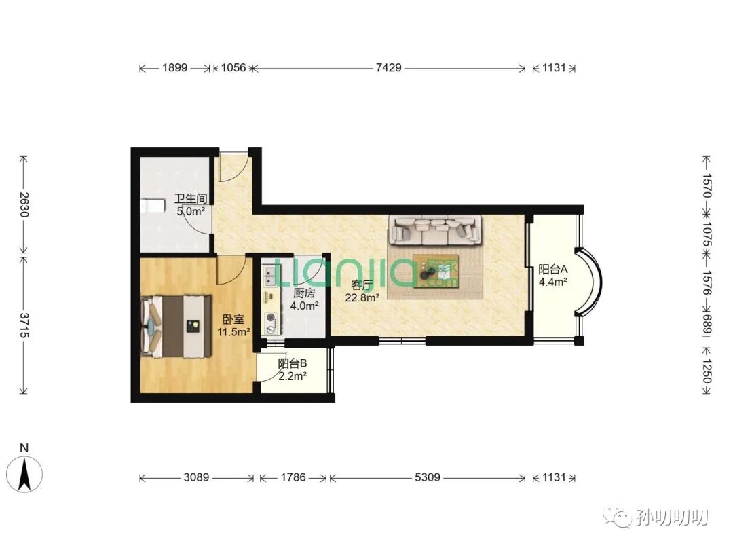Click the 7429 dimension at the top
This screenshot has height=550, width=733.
(x=388, y=68)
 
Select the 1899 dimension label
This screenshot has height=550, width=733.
(x=175, y=68)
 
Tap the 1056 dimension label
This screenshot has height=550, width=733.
(x=233, y=68)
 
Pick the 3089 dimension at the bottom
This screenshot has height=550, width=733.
(x=196, y=477)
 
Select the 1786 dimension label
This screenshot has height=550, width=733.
(x=293, y=477)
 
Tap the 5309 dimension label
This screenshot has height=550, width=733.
(x=428, y=477)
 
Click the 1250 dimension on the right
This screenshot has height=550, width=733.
(x=707, y=371)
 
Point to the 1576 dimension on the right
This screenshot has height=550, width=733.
(x=707, y=282)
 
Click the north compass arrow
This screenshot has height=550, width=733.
(x=24, y=473)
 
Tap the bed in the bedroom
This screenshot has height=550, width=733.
(x=176, y=327)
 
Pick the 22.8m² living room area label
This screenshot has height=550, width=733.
(x=362, y=297)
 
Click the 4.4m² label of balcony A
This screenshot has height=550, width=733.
(x=553, y=282)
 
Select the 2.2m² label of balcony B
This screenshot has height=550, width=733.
(x=293, y=375)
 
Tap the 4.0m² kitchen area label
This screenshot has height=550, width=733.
(x=304, y=306)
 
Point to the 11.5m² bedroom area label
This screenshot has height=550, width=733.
(x=233, y=332)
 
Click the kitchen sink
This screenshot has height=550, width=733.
(x=269, y=276)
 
